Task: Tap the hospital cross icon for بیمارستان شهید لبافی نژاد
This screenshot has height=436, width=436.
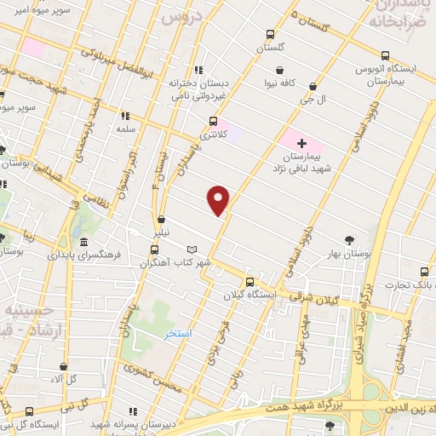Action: (301, 142)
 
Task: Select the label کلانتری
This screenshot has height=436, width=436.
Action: (209, 135)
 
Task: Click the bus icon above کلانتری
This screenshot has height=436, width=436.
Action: (213, 121)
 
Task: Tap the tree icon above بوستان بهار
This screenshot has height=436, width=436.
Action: (350, 240)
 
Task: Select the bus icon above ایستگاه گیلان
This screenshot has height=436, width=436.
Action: (250, 281)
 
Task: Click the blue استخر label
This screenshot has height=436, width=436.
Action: (179, 333)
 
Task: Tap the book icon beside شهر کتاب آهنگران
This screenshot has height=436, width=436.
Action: (192, 250)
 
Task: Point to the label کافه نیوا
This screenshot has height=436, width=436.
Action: (279, 84)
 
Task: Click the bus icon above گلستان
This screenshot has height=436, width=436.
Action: (270, 35)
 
